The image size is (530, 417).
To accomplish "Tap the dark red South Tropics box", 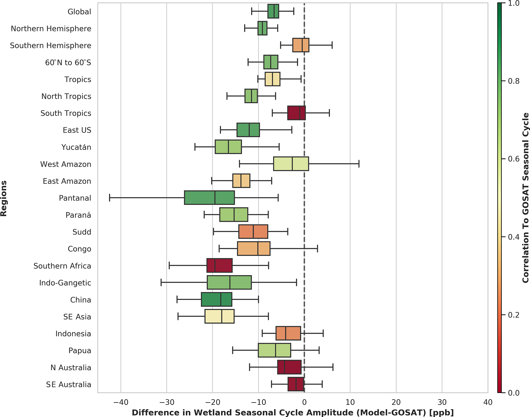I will [x=296, y=113].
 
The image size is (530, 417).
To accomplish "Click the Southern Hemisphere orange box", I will [x=301, y=45].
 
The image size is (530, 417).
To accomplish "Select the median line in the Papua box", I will [x=275, y=350].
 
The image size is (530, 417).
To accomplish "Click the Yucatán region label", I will [x=76, y=147].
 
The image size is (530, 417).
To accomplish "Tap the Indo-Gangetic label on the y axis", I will [x=65, y=283].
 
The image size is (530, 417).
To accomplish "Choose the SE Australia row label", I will [x=68, y=384].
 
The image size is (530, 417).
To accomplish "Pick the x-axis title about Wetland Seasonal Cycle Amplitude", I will [x=293, y=413].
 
